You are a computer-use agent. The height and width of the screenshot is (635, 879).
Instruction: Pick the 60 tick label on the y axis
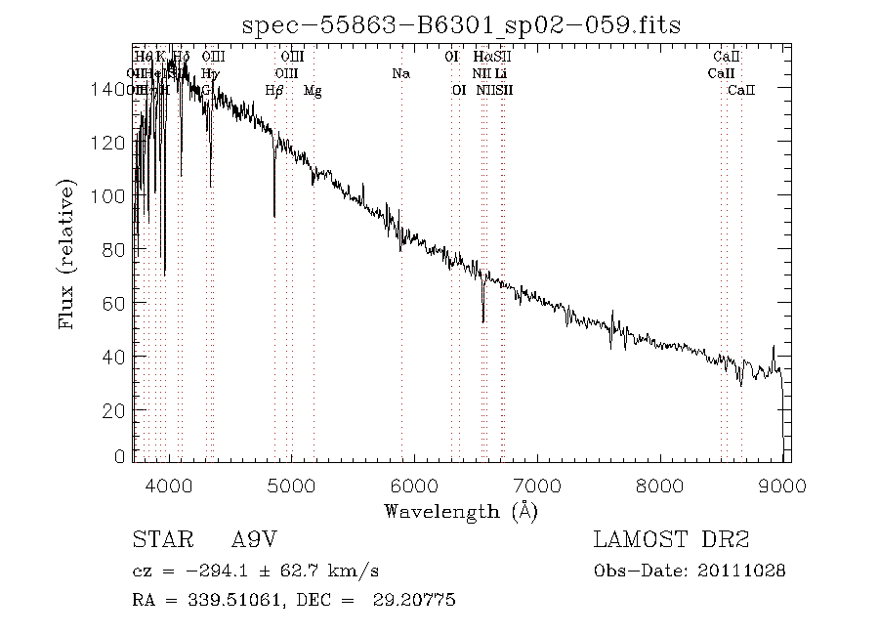114,304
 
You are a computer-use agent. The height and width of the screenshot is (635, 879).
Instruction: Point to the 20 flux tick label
114,411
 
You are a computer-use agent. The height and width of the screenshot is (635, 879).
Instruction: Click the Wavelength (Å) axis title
461,510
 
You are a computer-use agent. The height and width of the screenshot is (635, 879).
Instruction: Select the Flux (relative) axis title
68,254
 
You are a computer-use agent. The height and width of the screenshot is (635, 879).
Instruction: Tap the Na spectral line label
400,73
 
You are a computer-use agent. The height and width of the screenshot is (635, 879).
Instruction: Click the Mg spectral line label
313,90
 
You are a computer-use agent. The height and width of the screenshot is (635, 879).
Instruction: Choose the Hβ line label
274,90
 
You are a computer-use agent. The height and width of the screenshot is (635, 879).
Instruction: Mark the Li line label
501,73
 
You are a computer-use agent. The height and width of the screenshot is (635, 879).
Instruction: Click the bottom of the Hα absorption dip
482,320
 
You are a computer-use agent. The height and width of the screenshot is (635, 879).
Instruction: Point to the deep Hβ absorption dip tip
274,215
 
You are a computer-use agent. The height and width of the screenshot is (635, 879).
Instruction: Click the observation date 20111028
743,571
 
